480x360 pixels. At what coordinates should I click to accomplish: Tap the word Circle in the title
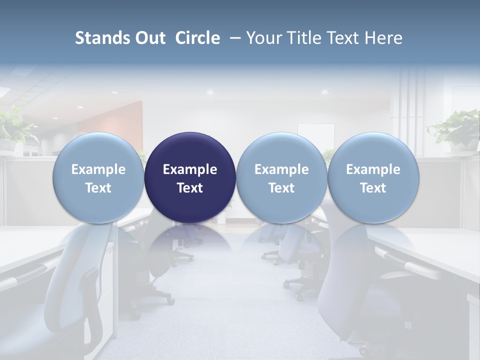tap(197, 38)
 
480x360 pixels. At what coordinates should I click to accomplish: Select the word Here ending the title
tap(385, 38)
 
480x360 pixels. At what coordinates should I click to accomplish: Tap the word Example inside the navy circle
tap(190, 169)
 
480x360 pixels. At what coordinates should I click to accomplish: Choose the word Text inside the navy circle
tap(190, 188)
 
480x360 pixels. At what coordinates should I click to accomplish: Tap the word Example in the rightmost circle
tap(373, 169)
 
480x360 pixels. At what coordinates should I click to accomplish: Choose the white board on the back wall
tap(316, 135)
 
